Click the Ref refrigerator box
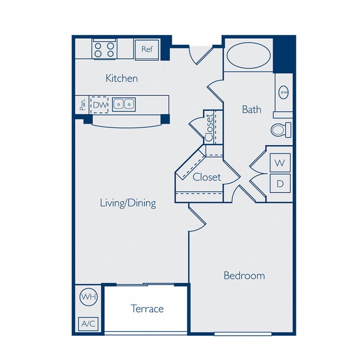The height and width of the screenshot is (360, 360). (147, 49)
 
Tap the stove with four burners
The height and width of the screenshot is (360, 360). (104, 49)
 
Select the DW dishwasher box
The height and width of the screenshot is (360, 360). (100, 104)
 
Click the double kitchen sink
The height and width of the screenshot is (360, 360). (124, 104)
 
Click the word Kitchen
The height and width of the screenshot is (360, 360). (121, 78)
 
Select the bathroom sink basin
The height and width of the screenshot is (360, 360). (284, 91)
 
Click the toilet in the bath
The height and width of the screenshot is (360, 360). (281, 130)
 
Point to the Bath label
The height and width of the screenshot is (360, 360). (251, 109)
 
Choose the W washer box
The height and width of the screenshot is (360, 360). (280, 163)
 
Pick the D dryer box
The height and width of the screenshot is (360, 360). (280, 183)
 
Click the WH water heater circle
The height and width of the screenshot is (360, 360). (89, 297)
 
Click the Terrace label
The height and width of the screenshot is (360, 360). (147, 308)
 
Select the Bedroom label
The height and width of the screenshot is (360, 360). (244, 275)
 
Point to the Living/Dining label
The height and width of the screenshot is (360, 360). (127, 203)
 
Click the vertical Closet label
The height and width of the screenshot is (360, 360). (209, 127)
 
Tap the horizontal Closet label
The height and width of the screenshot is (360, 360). (207, 177)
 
